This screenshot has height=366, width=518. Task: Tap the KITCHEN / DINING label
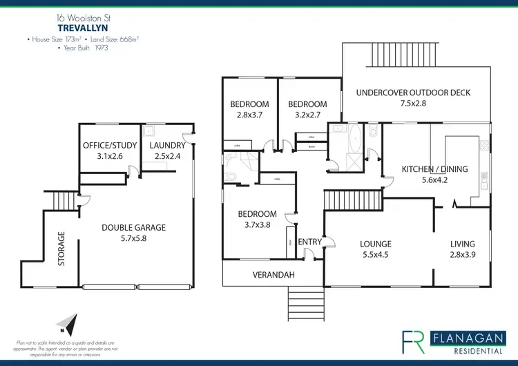[434, 169]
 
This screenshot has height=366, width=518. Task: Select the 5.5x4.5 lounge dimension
[376, 255]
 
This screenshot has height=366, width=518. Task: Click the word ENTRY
[310, 242]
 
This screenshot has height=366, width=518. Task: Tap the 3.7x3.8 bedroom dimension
[257, 225]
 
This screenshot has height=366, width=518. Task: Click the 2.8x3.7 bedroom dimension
[248, 116]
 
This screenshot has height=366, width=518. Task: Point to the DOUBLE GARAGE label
[133, 228]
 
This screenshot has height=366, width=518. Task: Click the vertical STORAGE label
[61, 249]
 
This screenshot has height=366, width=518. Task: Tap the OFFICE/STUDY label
[110, 146]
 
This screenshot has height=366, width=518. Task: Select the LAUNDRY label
[167, 146]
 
